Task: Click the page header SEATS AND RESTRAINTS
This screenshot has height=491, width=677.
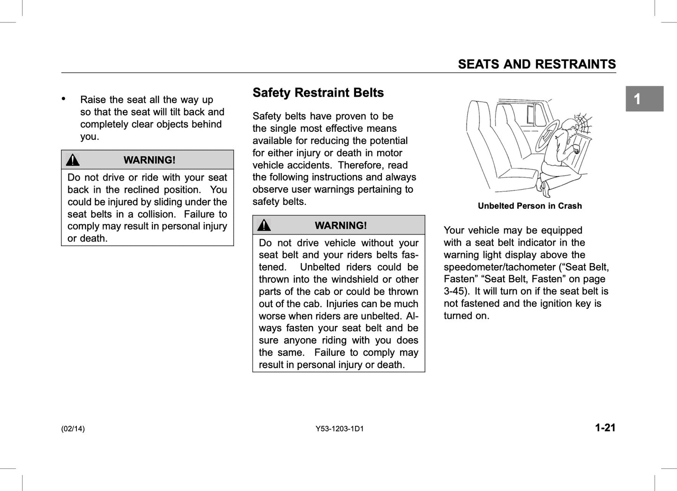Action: coord(536,64)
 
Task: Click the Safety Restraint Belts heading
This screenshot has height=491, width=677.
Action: coord(318,93)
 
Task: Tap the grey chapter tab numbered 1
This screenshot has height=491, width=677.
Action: coord(644,99)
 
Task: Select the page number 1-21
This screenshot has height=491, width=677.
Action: coord(605,428)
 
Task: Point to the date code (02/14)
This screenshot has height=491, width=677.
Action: coord(73,429)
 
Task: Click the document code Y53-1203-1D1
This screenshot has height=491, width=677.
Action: coord(340,429)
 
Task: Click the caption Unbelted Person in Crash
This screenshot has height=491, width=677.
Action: coord(529,206)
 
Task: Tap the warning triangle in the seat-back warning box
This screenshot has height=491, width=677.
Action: coord(73,160)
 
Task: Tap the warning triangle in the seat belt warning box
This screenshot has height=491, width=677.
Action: coord(264,226)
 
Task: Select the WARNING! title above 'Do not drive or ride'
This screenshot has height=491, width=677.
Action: coord(149,160)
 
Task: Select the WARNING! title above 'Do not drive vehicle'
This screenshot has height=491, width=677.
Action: coord(341,226)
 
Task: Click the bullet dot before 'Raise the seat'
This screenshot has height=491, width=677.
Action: coord(64,98)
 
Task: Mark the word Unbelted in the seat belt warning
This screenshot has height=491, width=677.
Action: coord(321,267)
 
